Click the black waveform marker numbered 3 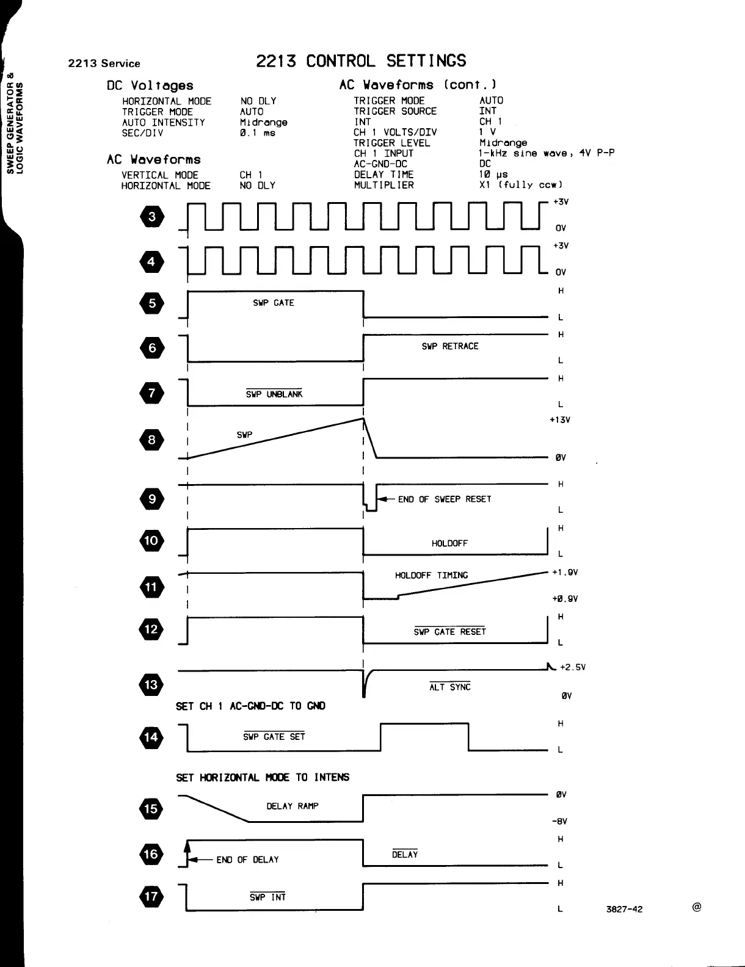(x=152, y=217)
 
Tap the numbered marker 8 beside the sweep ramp (x=152, y=440)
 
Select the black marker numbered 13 (x=152, y=684)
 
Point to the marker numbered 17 (x=152, y=897)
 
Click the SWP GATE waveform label (x=273, y=303)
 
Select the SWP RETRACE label (x=450, y=346)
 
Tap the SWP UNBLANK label (x=274, y=394)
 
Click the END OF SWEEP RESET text (x=445, y=499)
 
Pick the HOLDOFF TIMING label (x=431, y=575)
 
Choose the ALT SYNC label (x=450, y=687)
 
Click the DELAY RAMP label (x=293, y=806)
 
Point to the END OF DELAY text (x=247, y=860)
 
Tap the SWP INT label (x=267, y=897)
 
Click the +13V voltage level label (x=560, y=420)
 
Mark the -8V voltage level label (x=561, y=821)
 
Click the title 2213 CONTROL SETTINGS (x=361, y=61)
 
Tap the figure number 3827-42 (x=624, y=909)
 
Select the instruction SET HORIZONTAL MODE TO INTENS (x=263, y=777)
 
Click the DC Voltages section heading (x=150, y=85)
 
